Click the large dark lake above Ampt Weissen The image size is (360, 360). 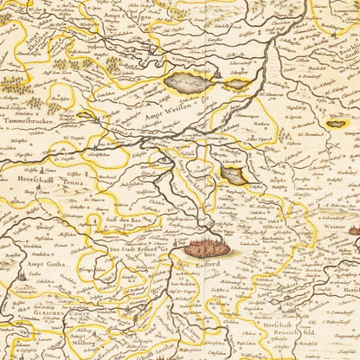click(x=190, y=82)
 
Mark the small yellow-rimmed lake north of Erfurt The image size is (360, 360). click(x=233, y=176)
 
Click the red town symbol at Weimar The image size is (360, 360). click(x=356, y=229)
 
